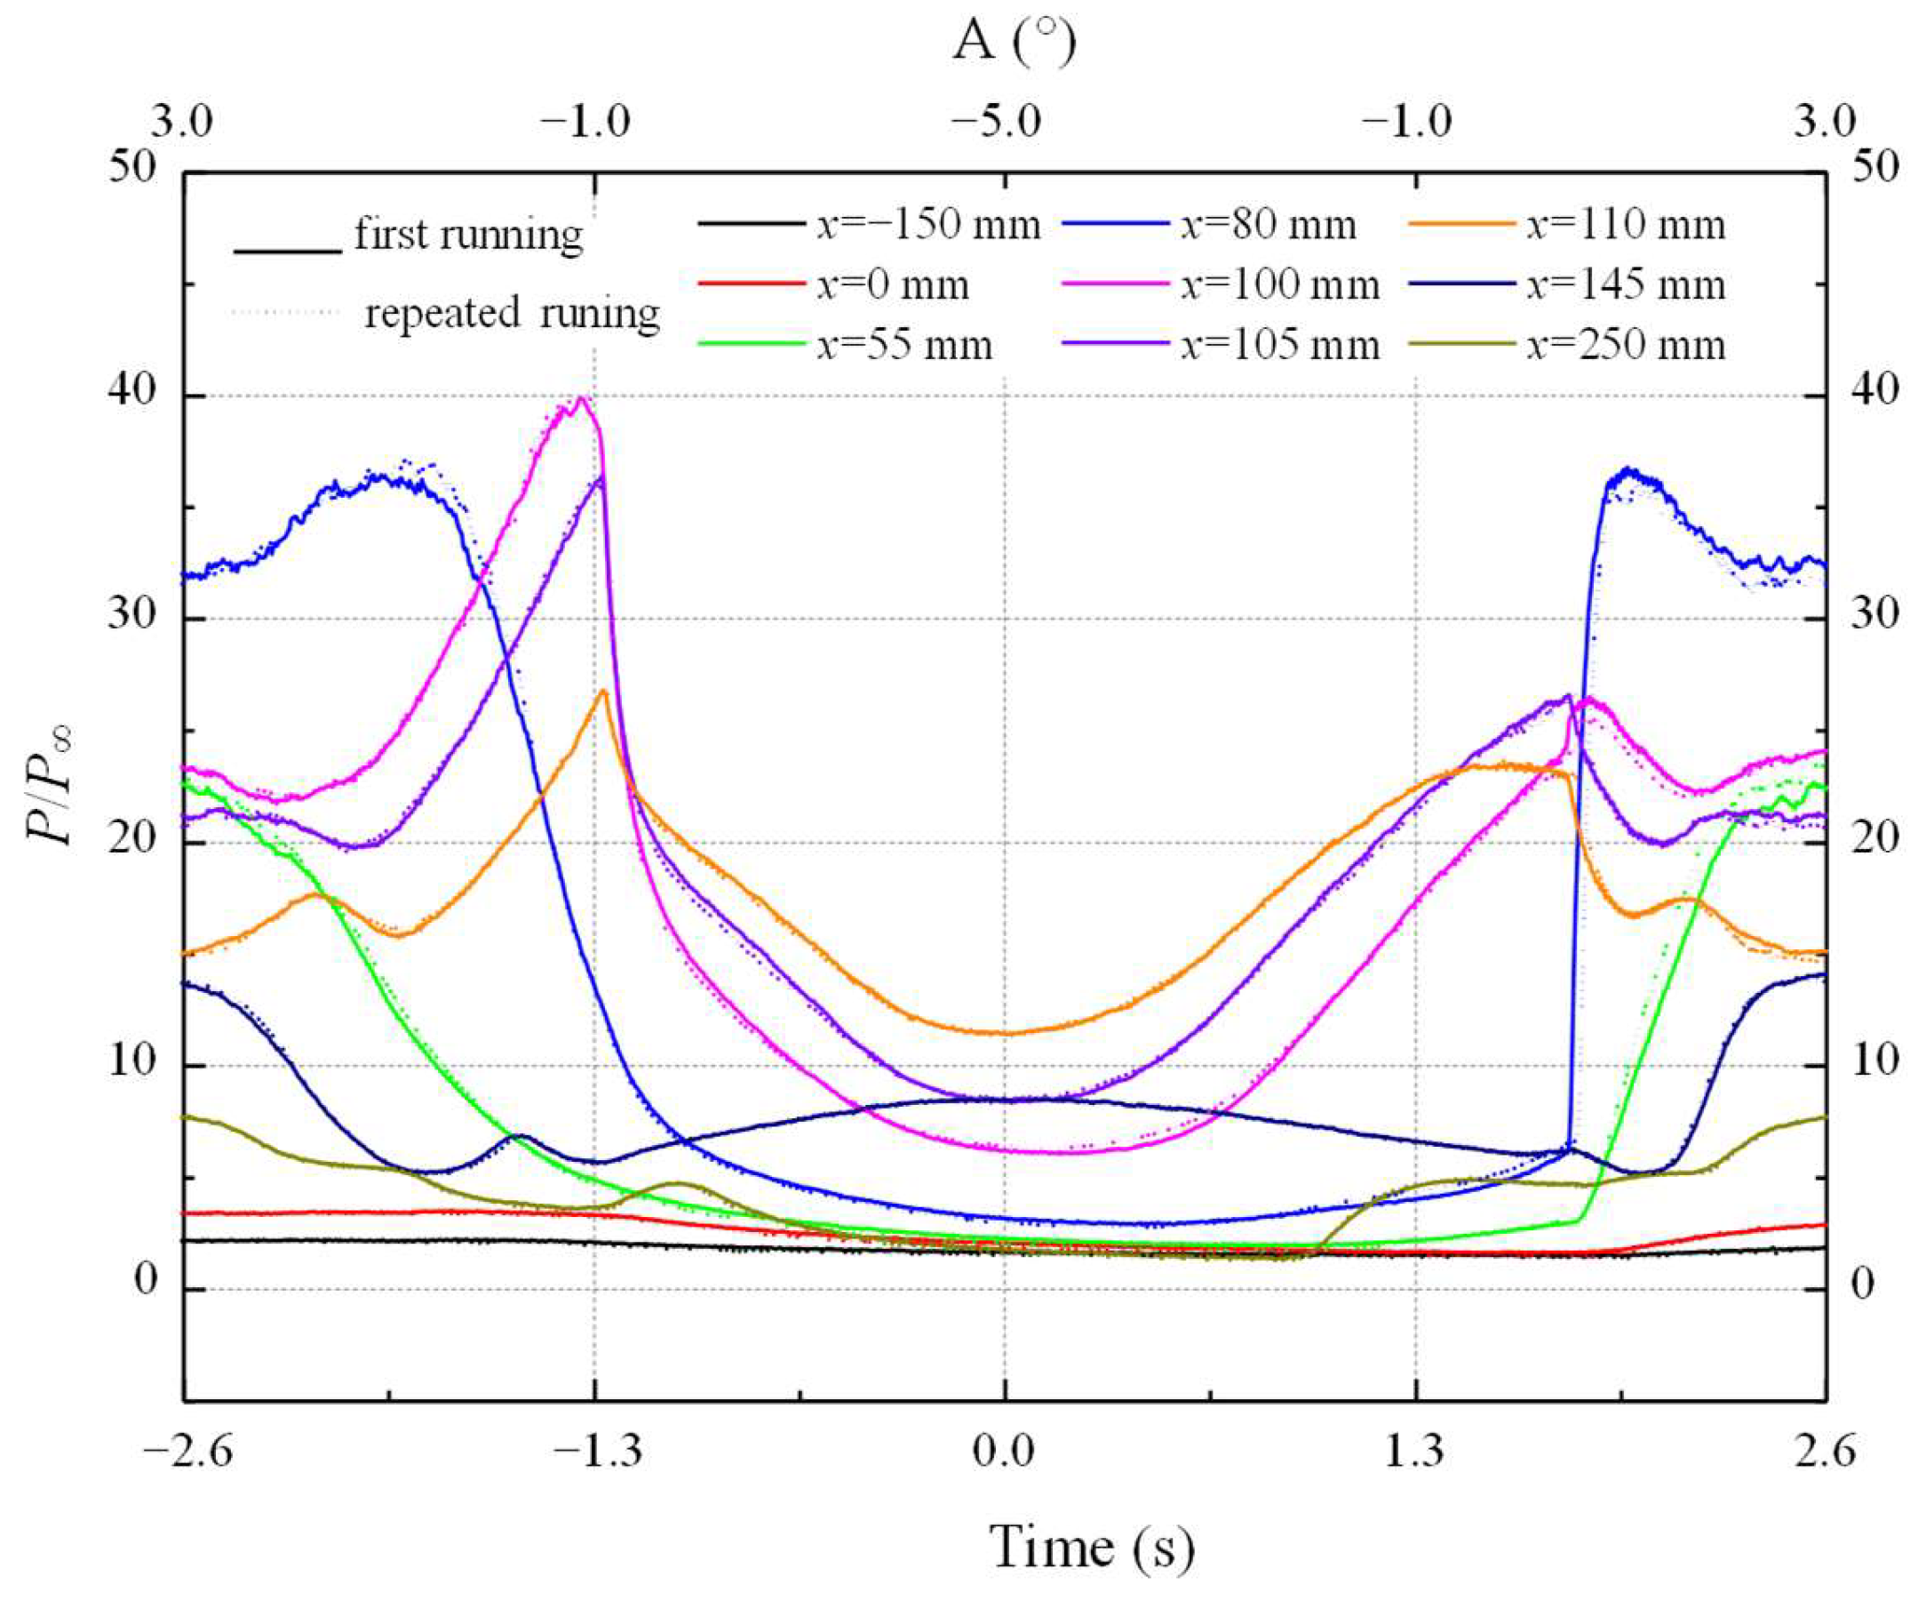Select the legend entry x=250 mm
click(1626, 346)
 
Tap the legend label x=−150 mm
click(928, 225)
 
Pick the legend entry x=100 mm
click(1278, 286)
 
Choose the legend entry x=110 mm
click(1626, 225)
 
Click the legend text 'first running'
click(468, 235)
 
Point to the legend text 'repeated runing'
click(512, 314)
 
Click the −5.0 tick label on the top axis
click(996, 122)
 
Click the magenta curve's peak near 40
click(582, 398)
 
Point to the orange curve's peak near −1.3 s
click(603, 692)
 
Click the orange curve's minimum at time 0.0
click(1005, 1034)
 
